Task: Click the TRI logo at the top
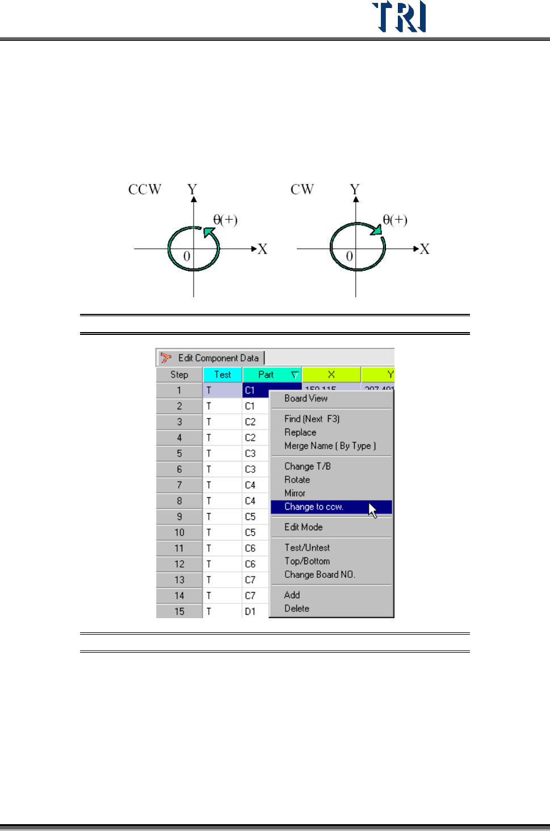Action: point(399,17)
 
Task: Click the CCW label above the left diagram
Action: point(145,190)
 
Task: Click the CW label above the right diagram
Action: point(302,190)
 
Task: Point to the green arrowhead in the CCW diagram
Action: point(209,232)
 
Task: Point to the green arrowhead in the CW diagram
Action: point(376,229)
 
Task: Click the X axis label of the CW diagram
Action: point(424,249)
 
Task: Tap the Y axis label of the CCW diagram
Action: point(192,189)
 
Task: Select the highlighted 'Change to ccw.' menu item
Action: point(314,507)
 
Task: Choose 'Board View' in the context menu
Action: point(306,398)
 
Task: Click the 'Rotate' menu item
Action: point(297,480)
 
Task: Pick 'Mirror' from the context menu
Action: point(295,493)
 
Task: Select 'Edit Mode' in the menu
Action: point(304,527)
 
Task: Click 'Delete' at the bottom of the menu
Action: point(297,608)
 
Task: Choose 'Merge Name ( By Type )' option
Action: point(330,446)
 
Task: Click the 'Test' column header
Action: point(222,375)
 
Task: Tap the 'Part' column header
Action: point(266,375)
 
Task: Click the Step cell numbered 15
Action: point(179,611)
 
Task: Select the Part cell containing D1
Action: point(250,611)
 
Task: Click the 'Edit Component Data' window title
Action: point(218,358)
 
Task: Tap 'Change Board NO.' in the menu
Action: point(320,574)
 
